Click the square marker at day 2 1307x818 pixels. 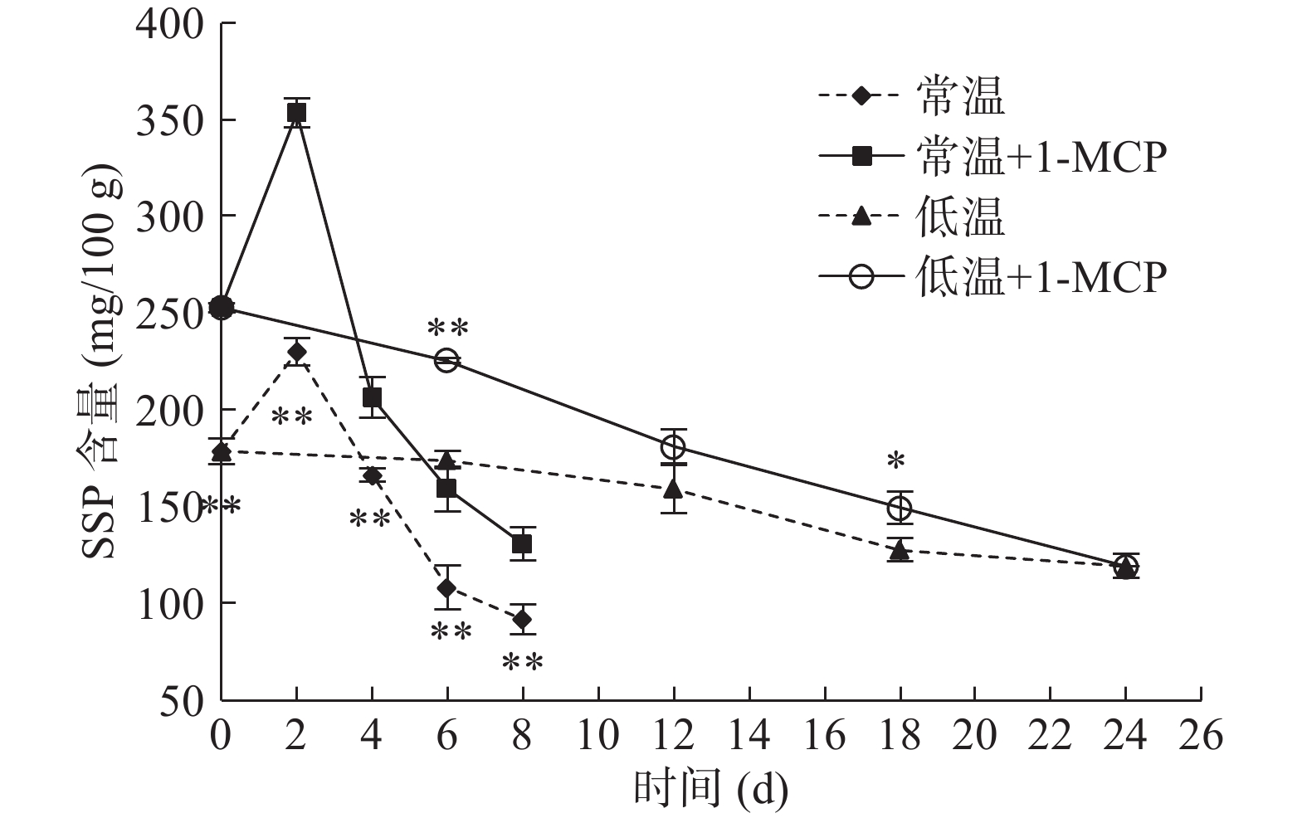(297, 113)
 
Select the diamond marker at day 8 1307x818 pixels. (522, 619)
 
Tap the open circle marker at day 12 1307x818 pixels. (673, 447)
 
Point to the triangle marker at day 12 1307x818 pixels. (673, 489)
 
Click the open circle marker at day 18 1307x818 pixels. (900, 508)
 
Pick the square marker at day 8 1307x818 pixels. (522, 544)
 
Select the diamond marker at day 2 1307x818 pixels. (297, 352)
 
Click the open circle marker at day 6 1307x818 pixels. (446, 360)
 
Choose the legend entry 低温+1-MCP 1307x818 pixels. (992, 277)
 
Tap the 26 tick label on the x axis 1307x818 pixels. (1201, 735)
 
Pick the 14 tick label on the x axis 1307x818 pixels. (749, 735)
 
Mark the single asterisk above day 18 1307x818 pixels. (895, 461)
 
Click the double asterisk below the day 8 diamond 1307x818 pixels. (523, 663)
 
